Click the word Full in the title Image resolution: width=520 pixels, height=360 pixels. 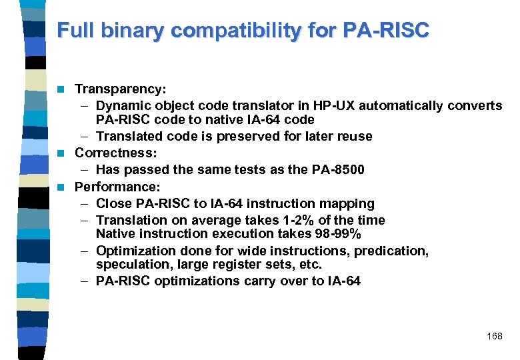72,30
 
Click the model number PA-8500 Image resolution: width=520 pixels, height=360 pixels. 338,169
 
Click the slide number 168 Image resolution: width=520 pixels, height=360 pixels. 495,337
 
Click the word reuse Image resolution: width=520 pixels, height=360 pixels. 355,136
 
